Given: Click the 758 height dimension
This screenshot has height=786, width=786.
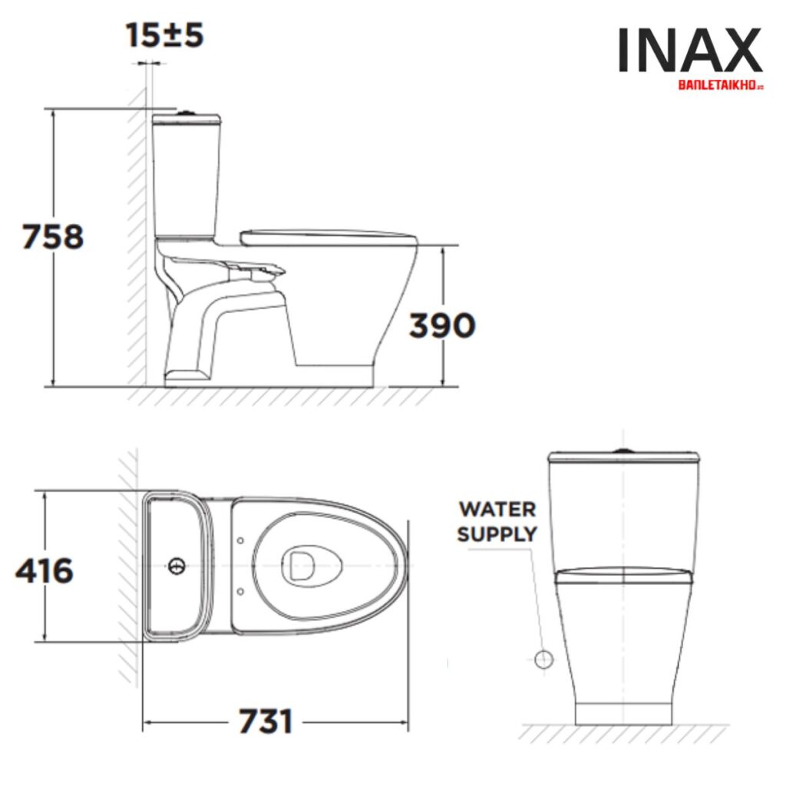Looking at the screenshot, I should (x=52, y=236).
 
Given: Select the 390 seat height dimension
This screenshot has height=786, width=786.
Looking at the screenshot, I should (x=441, y=325).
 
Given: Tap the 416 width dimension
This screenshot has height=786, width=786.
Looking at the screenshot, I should (x=45, y=570).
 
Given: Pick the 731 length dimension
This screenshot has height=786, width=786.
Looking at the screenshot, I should (x=266, y=722).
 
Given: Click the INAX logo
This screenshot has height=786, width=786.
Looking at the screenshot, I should (x=690, y=51).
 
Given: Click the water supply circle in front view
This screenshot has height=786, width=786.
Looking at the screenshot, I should (x=543, y=659).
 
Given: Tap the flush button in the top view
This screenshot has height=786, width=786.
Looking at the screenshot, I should (x=177, y=567).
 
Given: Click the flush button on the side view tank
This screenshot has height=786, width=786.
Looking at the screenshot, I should (x=185, y=113).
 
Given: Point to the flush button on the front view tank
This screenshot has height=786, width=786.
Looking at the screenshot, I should (x=624, y=450).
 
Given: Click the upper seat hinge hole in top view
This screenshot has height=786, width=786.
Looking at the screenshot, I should (x=241, y=540).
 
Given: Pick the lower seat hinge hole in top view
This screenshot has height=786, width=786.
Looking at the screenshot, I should (x=241, y=591).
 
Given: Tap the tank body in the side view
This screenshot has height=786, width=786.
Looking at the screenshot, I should (x=187, y=177).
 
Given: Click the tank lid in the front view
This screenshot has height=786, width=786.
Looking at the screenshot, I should (x=624, y=459).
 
